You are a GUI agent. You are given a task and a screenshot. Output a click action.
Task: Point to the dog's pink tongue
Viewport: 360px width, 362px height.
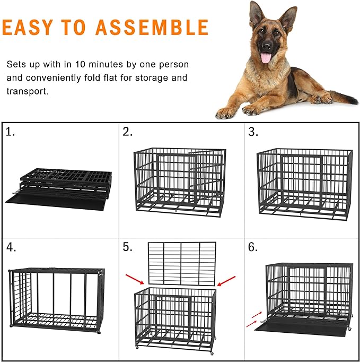click(x=266, y=57)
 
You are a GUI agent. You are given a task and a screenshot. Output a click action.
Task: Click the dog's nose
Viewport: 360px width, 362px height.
click(x=266, y=45)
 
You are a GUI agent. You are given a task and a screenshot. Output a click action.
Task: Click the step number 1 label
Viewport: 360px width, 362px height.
click(x=10, y=133)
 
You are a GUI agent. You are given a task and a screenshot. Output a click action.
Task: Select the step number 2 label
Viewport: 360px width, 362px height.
click(x=127, y=133)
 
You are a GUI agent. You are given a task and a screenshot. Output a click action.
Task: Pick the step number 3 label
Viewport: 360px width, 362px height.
click(x=253, y=133)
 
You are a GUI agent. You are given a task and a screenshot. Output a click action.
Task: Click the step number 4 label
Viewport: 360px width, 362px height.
click(x=11, y=247)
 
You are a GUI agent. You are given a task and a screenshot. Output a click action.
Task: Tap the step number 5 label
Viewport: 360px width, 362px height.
click(x=127, y=247)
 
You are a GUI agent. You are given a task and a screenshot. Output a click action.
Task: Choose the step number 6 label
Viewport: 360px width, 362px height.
click(x=253, y=247)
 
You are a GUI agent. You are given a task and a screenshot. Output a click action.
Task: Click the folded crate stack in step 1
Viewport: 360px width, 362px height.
click(x=64, y=183)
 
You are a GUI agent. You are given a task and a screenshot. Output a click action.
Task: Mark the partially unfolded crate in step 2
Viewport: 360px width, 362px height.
click(x=179, y=180)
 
